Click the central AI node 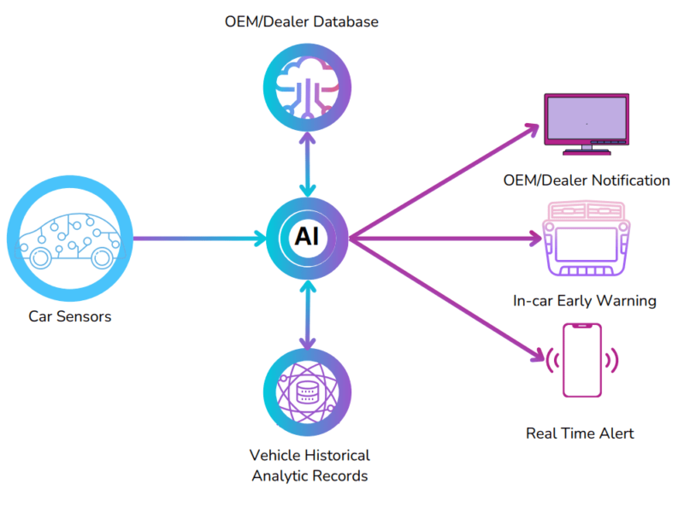[306, 238]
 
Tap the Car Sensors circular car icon [70, 238]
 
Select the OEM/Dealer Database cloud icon [306, 83]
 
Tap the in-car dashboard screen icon [587, 242]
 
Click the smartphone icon [581, 360]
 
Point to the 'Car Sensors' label [70, 317]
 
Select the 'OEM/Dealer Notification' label [587, 180]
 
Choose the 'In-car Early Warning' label [586, 301]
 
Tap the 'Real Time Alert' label [580, 433]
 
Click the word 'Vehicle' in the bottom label [275, 455]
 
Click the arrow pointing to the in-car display [445, 238]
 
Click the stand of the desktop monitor [587, 149]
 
